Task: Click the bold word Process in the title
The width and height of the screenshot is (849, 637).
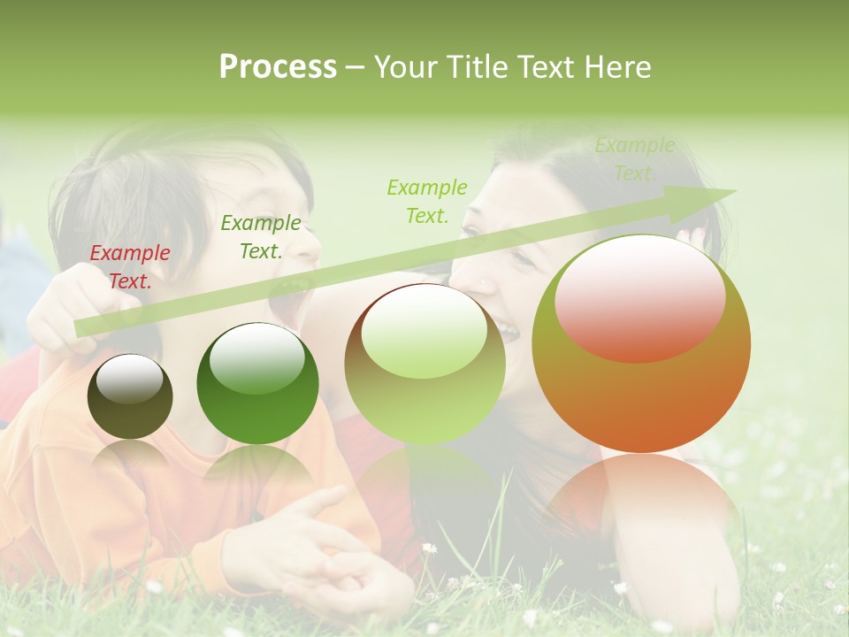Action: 278,67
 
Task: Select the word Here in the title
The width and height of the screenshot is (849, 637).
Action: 616,67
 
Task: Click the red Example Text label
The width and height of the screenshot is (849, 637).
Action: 130,267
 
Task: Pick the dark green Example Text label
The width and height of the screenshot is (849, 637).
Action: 260,237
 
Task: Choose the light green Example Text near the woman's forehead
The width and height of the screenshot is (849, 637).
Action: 427,201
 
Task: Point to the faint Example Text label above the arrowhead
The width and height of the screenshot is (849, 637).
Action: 634,159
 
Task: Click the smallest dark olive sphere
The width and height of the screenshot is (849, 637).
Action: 130,396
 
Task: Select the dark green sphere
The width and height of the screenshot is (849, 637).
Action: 257,383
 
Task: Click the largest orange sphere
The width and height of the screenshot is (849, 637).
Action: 641,344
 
